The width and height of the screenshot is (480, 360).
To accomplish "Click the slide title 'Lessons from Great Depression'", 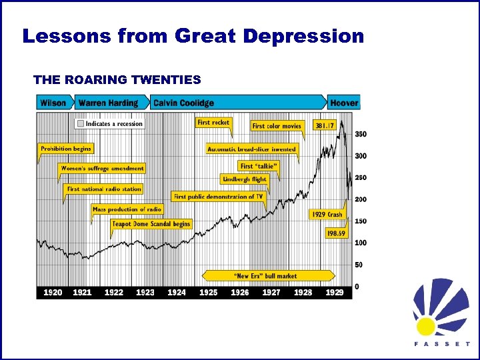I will coord(193,36).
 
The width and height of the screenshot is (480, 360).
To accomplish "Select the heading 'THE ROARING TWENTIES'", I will coord(117,80).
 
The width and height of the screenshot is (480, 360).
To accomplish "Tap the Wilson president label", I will coord(53,103).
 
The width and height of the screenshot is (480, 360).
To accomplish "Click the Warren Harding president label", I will coord(108,103).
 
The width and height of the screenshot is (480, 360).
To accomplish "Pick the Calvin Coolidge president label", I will coord(184,103).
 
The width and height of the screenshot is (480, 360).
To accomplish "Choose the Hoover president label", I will coord(344,103).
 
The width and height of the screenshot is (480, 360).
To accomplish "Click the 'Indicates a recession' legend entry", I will coord(109,123).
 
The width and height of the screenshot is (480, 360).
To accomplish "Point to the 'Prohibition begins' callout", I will coord(66,149).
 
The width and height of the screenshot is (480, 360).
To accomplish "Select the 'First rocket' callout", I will coord(213,123).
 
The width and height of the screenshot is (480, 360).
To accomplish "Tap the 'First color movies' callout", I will coord(277,125).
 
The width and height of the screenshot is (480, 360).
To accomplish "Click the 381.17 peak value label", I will coord(325,125).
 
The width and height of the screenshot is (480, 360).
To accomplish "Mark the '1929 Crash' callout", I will coord(327,214).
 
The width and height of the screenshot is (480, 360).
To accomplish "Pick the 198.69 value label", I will coord(336,233).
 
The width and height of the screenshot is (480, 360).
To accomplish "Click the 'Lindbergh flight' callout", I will coord(244,179).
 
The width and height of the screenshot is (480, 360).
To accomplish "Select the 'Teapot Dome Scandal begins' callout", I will coord(151,224).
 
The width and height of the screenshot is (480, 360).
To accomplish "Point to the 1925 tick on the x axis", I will coord(209,293).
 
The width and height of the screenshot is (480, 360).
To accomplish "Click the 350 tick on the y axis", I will coord(361,134).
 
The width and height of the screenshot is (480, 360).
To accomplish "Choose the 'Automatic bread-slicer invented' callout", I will coord(251,149).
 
